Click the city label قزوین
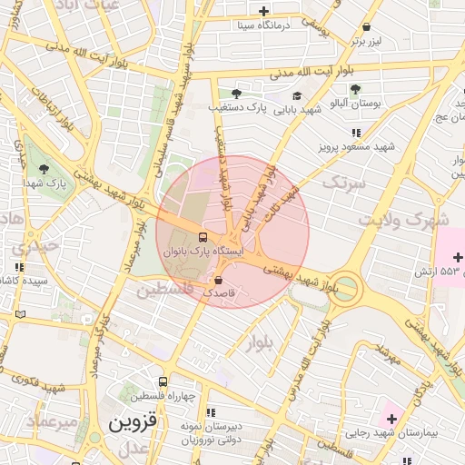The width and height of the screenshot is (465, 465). point(133,423)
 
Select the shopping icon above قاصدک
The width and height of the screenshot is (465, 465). point(219,281)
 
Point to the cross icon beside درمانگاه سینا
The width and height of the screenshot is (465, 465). point(263,12)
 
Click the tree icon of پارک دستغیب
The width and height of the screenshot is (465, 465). point(237,94)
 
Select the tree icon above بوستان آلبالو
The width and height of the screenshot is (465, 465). point(354,89)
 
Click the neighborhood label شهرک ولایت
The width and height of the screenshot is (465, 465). point(403,220)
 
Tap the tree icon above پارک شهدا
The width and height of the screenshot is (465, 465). point(44,169)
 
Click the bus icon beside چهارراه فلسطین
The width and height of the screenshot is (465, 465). point(163,382)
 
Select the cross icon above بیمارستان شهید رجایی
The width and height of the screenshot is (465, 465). point(392,418)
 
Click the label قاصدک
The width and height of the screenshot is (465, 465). point(219,294)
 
